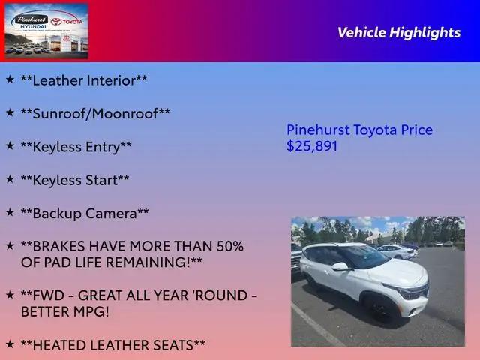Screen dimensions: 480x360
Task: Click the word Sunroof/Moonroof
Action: point(95,113)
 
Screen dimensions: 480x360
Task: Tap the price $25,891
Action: point(312,146)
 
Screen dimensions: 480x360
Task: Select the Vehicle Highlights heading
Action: point(399,32)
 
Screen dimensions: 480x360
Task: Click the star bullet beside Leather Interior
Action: point(10,79)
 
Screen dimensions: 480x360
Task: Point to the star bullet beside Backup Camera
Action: point(10,211)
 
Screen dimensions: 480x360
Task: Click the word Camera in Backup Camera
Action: point(111,213)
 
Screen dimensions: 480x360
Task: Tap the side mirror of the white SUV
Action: point(341,267)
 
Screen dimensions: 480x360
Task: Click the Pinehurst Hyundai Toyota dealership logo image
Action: point(46,31)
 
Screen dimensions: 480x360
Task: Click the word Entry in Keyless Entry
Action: point(103,147)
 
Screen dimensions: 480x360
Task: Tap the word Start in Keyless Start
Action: point(102,180)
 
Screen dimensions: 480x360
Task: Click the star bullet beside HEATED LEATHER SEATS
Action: point(10,343)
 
